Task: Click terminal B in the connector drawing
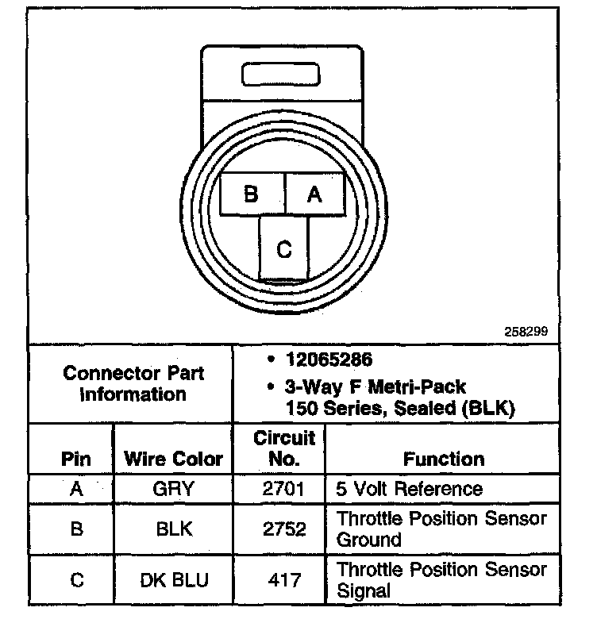point(252,194)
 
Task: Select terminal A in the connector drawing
point(315,194)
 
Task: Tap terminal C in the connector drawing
point(284,248)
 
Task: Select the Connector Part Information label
point(133,383)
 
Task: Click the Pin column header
point(75,459)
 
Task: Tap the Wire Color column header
point(174,459)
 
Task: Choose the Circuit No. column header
point(284,448)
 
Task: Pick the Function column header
point(443,459)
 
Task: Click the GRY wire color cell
point(173,488)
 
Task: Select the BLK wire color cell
point(173,529)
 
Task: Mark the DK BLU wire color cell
point(174,580)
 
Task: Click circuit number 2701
point(283,488)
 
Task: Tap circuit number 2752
point(283,529)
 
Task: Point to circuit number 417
point(283,580)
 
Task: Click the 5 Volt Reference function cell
point(410,488)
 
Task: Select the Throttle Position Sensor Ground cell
point(442,529)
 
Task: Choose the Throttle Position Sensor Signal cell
point(442,580)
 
